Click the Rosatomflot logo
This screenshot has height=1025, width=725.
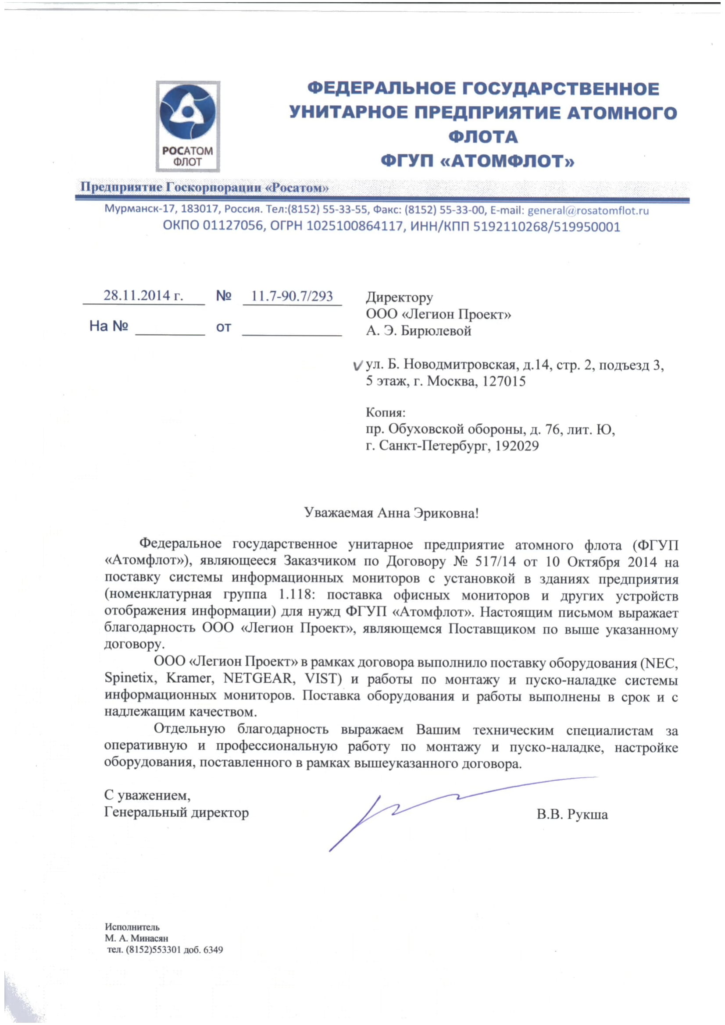click(188, 126)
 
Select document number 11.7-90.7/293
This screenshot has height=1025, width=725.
click(292, 296)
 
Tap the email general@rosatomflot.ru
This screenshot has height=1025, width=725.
click(588, 210)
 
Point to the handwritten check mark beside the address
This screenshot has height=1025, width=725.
click(357, 366)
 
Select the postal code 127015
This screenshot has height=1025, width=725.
click(504, 382)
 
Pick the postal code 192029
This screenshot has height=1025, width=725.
click(517, 446)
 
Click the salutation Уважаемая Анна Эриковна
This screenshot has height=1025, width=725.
click(391, 513)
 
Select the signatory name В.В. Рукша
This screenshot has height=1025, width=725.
click(572, 815)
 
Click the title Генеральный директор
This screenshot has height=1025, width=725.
click(176, 812)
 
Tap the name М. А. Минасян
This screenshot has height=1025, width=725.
click(136, 938)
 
